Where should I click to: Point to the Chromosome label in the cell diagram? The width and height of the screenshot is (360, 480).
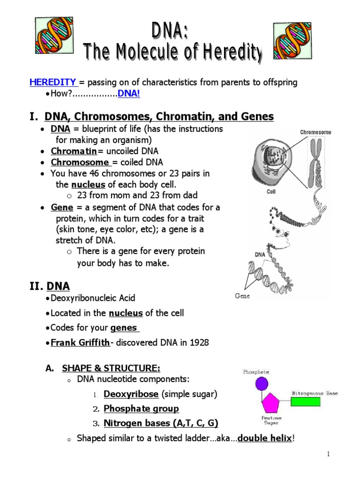coord(315,132)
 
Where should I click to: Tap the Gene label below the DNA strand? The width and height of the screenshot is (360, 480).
coord(242,296)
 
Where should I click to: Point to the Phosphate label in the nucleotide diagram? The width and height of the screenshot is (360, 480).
coord(256,372)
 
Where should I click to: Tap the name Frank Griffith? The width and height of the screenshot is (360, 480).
coord(80,343)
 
